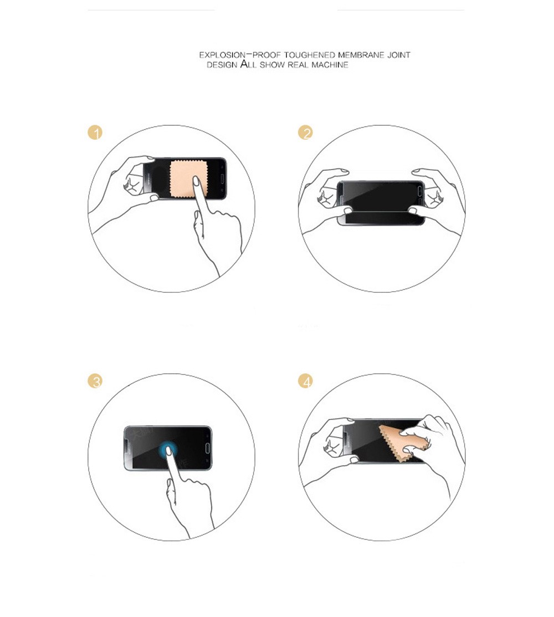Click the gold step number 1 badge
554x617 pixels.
click(x=95, y=132)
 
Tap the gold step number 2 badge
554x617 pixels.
click(x=305, y=132)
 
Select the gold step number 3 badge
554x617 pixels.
click(x=95, y=381)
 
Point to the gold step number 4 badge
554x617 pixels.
click(x=305, y=381)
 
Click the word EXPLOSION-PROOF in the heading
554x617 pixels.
click(x=240, y=55)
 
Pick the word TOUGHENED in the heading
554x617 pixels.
click(x=310, y=55)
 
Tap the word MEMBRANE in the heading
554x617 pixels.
click(x=361, y=55)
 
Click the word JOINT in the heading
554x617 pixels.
click(x=399, y=55)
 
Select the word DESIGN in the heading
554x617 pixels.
click(x=222, y=65)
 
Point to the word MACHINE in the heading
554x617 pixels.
click(x=330, y=65)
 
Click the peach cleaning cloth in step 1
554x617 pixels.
click(x=188, y=179)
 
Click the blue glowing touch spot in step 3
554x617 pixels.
click(x=168, y=448)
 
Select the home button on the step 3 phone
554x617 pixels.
click(x=207, y=448)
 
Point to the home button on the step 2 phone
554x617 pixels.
click(x=419, y=191)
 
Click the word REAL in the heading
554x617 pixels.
click(x=299, y=65)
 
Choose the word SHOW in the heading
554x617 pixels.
click(x=272, y=65)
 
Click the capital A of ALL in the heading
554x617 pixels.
click(x=244, y=64)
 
